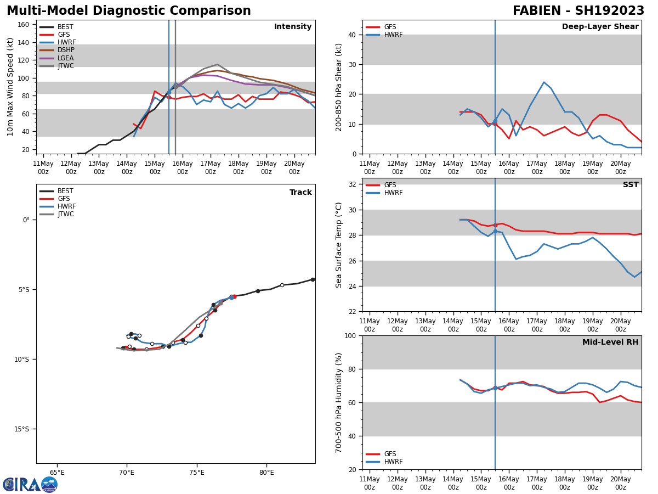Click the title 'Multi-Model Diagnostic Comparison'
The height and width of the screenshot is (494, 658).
pos(129,11)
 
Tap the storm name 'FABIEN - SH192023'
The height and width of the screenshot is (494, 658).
pos(578,11)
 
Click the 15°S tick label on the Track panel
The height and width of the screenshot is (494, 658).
pos(21,429)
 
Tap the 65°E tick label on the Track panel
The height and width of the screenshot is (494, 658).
pos(57,472)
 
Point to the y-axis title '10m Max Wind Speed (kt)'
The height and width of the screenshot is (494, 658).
pos(10,87)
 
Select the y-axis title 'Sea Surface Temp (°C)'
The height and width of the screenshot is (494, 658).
pos(339,245)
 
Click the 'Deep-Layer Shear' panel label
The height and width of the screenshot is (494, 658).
pos(600,27)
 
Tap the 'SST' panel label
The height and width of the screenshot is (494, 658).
pos(631,185)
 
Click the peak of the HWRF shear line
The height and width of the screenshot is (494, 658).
pos(543,82)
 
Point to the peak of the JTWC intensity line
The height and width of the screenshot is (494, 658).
pos(217,64)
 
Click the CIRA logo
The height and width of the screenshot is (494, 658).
pos(30,485)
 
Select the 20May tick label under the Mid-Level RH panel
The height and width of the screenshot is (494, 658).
pos(620,484)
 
